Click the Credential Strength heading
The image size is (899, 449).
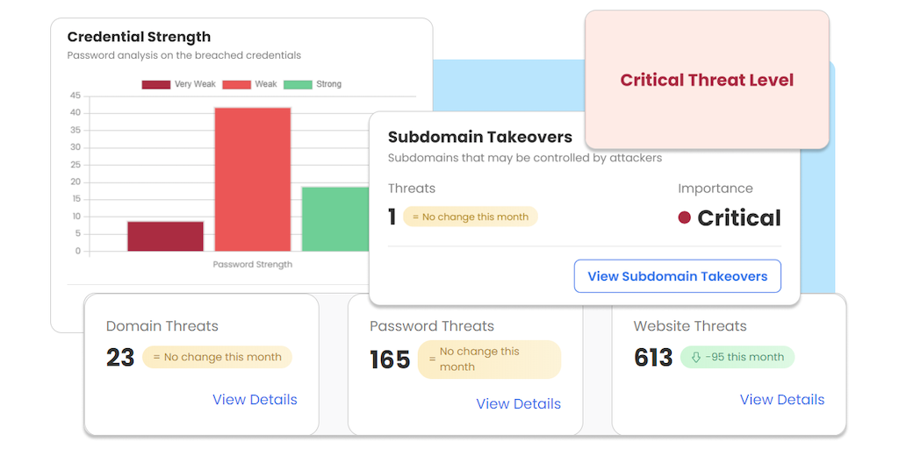coord(139,37)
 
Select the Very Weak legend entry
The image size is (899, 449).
coord(180,84)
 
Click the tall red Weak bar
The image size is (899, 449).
coord(253,180)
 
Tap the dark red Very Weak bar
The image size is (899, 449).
coord(165,236)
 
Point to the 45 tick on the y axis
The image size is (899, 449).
coord(76,96)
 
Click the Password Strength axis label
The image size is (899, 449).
coord(253,264)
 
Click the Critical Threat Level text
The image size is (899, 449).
coord(707,80)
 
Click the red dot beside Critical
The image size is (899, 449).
coord(685,217)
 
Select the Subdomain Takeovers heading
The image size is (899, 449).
coord(480,137)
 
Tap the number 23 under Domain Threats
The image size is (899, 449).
coord(120,357)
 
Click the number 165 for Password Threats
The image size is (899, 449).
coord(390,360)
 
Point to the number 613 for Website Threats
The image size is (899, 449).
coord(653,357)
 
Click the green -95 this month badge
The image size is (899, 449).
coord(737,357)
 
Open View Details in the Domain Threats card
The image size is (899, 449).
coord(255,400)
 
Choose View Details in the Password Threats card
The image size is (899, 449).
coord(518,404)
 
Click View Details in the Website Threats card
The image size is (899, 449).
coord(781,400)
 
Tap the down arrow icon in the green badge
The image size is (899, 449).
coord(696,357)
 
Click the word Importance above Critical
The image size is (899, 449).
coord(715,189)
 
